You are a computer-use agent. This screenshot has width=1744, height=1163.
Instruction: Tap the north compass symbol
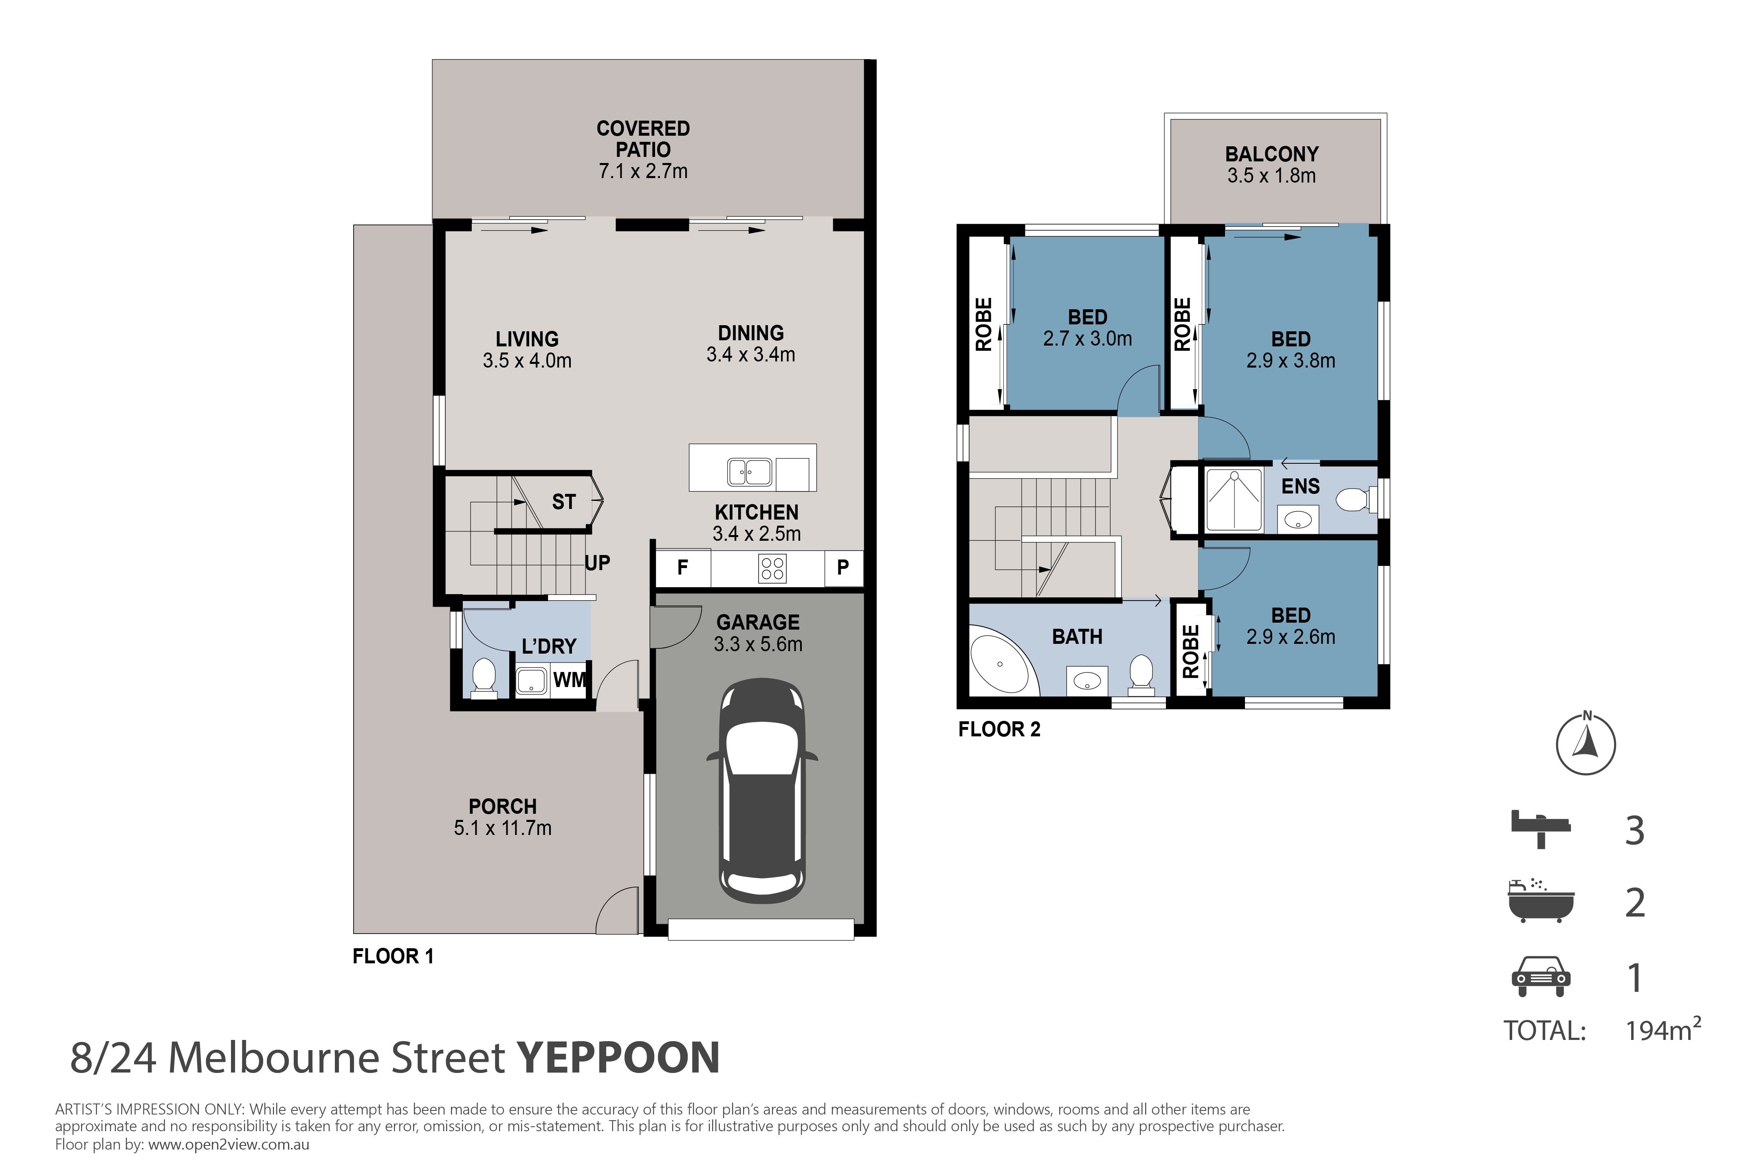click(x=1586, y=744)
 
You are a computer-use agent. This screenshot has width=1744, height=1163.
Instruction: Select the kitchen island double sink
click(x=750, y=472)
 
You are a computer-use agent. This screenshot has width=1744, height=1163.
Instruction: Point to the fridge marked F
click(x=683, y=568)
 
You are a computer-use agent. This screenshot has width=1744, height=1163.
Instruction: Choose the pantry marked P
click(x=843, y=568)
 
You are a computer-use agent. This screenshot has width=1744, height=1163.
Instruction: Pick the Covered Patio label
click(x=643, y=139)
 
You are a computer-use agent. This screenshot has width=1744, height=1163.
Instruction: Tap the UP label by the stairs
click(x=598, y=563)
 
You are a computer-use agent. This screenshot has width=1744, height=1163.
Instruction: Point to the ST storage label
click(x=563, y=502)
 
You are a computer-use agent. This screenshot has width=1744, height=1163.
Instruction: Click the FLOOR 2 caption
click(x=1000, y=730)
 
